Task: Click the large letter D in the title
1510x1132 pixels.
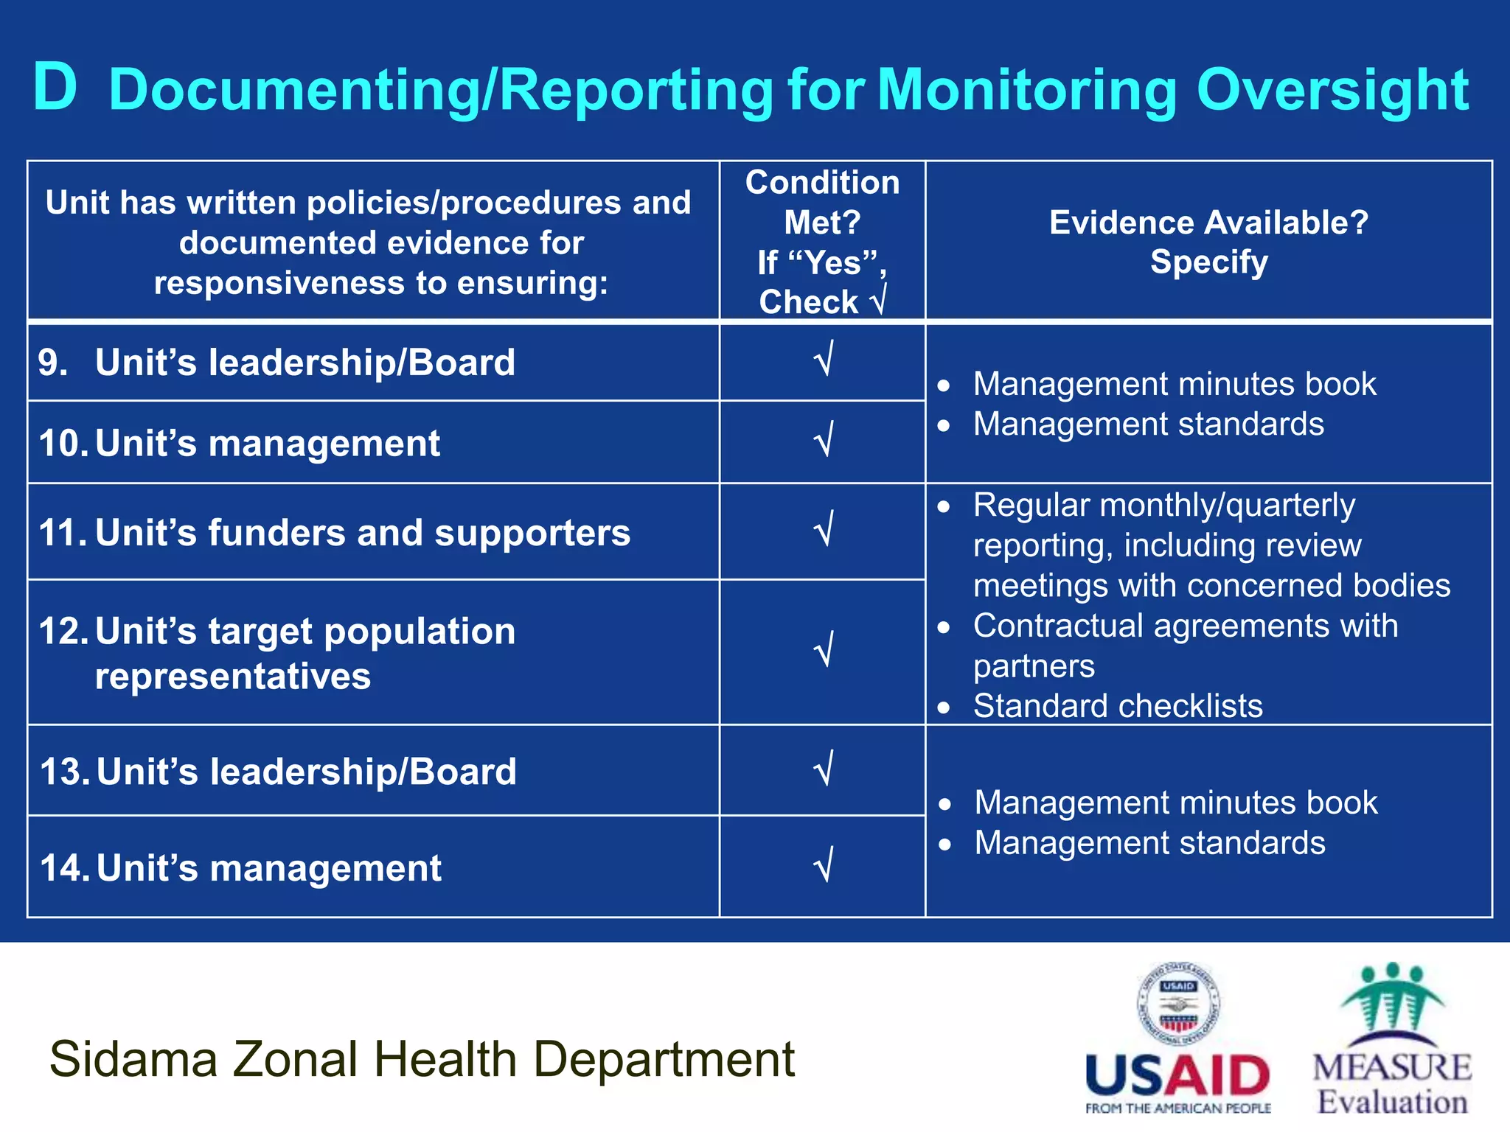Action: [55, 88]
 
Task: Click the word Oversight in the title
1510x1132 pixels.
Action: [1332, 90]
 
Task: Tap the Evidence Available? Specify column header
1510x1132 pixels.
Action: [1208, 242]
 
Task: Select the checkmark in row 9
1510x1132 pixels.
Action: [824, 359]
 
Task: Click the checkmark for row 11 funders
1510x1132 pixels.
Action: [824, 529]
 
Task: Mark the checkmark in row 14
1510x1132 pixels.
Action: [824, 865]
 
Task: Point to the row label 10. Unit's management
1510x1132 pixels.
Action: [240, 444]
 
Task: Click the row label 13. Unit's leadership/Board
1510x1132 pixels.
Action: [278, 772]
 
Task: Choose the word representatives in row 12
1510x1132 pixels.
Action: [233, 676]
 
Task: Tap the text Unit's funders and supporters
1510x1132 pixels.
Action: [363, 532]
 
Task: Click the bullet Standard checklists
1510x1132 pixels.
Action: [1117, 706]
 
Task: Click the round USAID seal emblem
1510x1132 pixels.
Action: [1178, 1004]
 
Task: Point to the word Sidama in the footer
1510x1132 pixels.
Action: [133, 1060]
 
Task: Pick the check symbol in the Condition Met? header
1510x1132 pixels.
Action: [877, 301]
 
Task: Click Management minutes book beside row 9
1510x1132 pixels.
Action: [1174, 384]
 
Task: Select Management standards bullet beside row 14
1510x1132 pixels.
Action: [1149, 842]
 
